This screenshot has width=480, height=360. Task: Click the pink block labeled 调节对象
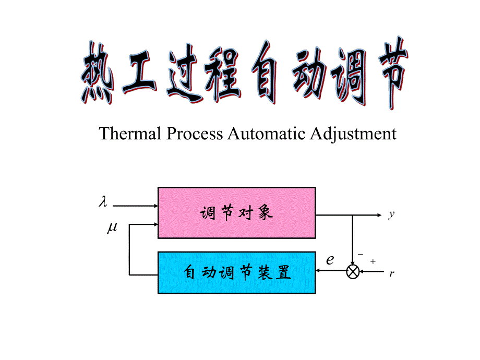click(x=236, y=213)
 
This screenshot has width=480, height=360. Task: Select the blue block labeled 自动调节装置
click(x=236, y=272)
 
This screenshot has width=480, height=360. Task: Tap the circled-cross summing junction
click(x=353, y=272)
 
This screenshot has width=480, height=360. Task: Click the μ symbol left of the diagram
click(x=112, y=228)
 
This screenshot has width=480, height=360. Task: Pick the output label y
click(x=391, y=214)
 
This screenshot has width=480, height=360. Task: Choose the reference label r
click(x=391, y=274)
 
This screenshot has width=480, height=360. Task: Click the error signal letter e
click(x=330, y=259)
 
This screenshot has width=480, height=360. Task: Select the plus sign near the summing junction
click(x=373, y=260)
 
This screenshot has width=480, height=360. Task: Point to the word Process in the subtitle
click(x=196, y=134)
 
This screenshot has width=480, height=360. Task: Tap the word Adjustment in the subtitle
click(x=353, y=134)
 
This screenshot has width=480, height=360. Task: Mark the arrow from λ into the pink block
click(x=136, y=206)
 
